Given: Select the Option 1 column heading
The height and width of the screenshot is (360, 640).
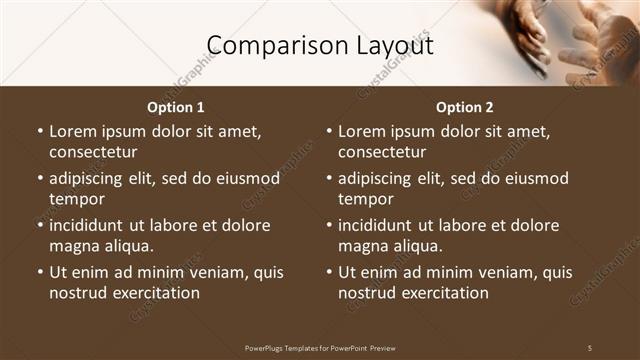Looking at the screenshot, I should click(x=176, y=107).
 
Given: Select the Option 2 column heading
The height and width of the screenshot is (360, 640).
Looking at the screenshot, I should click(x=464, y=107).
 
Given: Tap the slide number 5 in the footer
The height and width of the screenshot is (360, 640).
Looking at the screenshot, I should click(x=590, y=348).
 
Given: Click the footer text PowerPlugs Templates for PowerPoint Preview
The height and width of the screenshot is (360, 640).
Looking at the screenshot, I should click(x=320, y=348).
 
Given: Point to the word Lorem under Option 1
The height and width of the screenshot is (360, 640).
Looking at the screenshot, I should click(x=73, y=131).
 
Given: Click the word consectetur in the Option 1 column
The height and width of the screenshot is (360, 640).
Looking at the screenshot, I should click(x=93, y=152).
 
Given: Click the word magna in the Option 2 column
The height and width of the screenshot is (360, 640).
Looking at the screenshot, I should click(x=362, y=246).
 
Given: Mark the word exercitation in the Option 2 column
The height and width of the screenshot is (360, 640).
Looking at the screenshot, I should click(x=444, y=293).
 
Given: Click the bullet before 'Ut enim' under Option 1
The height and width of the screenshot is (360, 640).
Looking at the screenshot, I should click(x=39, y=272).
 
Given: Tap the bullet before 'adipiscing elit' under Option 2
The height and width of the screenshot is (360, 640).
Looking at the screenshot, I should click(x=328, y=178).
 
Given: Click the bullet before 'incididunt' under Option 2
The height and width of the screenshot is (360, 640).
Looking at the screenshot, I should click(x=328, y=225).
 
